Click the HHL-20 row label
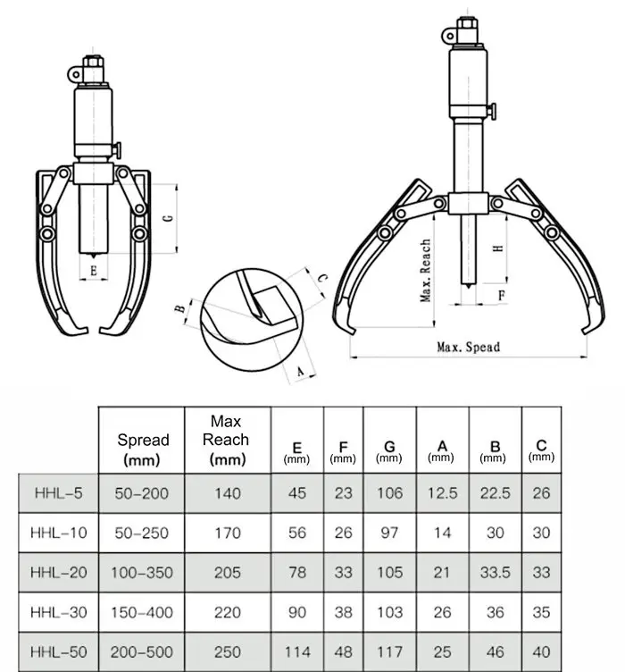point(59,573)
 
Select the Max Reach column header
point(226,440)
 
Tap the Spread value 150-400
point(142,612)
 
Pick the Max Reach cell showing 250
point(228,652)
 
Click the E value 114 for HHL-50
point(297,652)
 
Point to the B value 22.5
point(496,493)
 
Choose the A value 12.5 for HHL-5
point(443,493)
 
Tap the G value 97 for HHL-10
point(389,533)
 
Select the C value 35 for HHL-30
point(542,612)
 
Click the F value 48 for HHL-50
point(344,652)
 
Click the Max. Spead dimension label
point(469,347)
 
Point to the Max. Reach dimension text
point(425,271)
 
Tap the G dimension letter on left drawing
point(169,218)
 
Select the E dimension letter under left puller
point(94,271)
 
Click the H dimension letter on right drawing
point(498,248)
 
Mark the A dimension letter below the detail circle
point(300,371)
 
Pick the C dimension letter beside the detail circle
point(322,278)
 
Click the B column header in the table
point(495,451)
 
